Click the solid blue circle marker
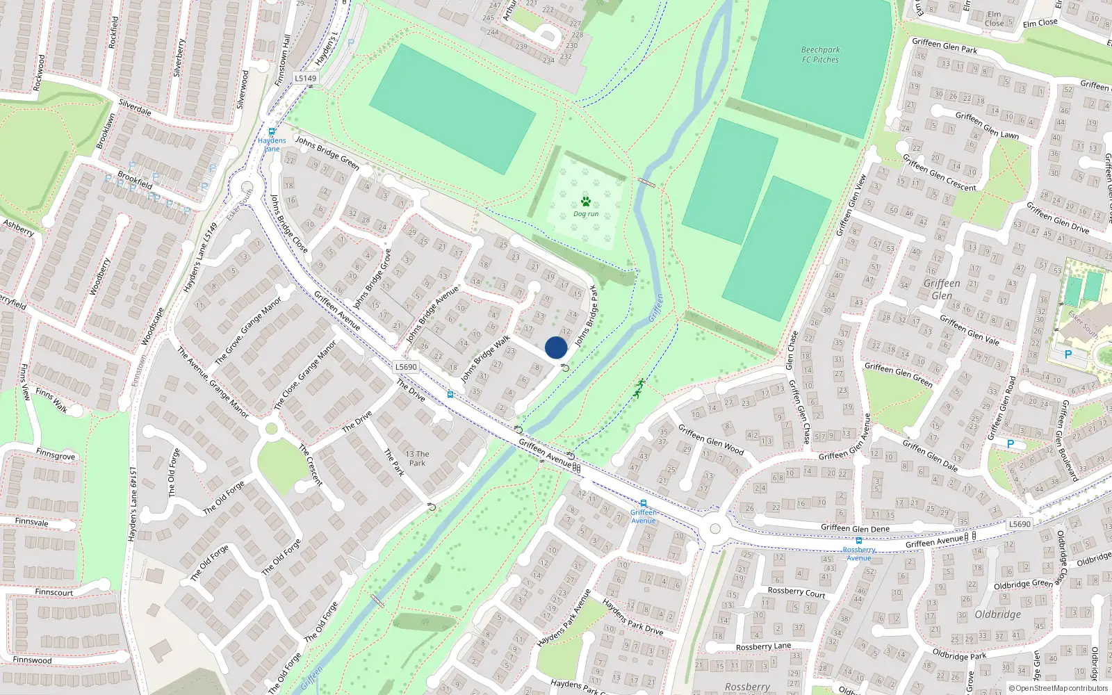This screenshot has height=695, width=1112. click(556, 347)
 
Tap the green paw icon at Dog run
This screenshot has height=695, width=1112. click(586, 202)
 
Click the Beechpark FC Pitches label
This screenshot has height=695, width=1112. click(820, 55)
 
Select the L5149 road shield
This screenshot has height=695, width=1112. click(305, 78)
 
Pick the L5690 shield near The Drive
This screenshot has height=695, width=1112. click(406, 366)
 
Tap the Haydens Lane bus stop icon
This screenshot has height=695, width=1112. click(272, 131)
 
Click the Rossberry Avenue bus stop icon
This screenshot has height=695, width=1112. click(859, 541)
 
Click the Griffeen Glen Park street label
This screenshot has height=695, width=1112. click(945, 46)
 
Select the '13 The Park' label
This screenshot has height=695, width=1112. click(417, 458)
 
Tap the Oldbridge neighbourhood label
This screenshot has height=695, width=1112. click(998, 614)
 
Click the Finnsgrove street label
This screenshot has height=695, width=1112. click(56, 455)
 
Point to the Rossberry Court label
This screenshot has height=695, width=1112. click(796, 592)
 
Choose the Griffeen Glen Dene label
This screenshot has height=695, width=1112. click(855, 528)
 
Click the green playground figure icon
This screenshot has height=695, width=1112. click(639, 388)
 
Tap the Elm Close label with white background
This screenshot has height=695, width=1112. click(995, 19)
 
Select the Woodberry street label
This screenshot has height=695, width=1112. click(100, 277)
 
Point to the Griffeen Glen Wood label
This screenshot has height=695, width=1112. click(710, 440)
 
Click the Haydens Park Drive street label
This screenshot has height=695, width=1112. click(632, 616)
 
